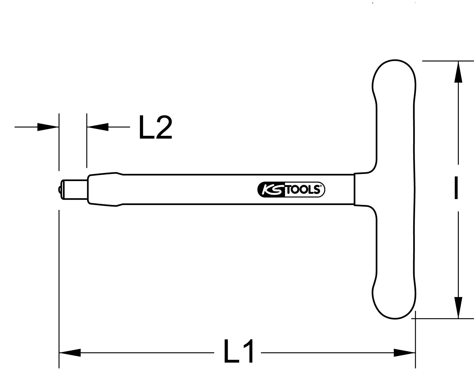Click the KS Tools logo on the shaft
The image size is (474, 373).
(291, 189)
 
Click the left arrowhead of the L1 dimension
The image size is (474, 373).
(70, 353)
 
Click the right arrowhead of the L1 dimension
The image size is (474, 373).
(405, 353)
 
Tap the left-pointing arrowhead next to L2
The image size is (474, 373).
(98, 127)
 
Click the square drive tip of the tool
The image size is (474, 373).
(74, 189)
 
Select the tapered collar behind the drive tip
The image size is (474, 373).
(104, 189)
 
